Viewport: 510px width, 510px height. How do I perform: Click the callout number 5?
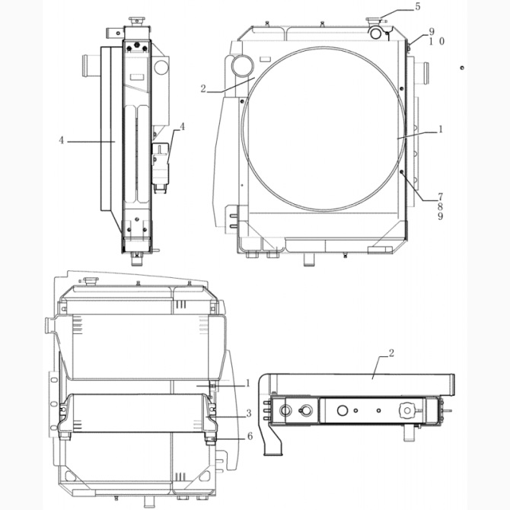tap(418, 7)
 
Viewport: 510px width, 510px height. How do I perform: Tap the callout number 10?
tap(436, 41)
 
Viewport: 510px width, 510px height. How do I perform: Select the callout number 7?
tap(441, 197)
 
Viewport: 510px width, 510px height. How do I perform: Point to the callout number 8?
tap(441, 206)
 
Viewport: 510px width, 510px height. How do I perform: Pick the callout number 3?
tap(249, 413)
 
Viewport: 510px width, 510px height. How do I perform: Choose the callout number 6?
tap(250, 436)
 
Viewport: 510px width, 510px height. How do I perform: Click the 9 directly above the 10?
tap(432, 32)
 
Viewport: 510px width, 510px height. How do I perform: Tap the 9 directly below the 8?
tap(441, 216)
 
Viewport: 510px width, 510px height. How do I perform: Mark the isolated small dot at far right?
tap(461, 68)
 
